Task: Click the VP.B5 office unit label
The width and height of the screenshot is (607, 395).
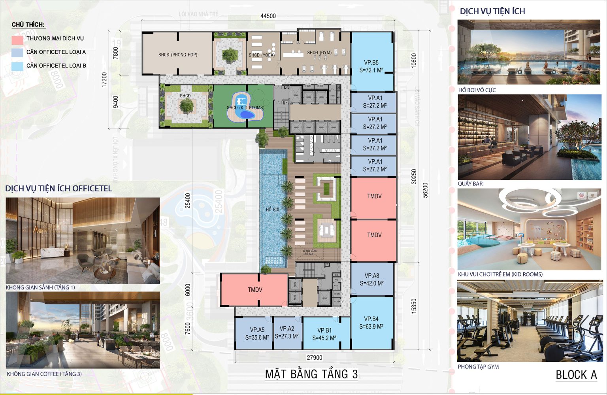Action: tap(371, 66)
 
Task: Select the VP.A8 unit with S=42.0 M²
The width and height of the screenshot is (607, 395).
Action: tap(371, 279)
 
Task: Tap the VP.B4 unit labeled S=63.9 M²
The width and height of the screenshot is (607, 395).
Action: tap(371, 323)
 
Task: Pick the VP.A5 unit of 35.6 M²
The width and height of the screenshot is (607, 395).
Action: tap(257, 333)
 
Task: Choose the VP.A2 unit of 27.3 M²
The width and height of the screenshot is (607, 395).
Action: tap(287, 332)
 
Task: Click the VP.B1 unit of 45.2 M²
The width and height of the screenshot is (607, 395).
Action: tap(324, 334)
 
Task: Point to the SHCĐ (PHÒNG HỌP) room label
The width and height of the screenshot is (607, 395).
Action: tap(177, 55)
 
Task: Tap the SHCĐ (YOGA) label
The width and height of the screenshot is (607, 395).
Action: tap(262, 55)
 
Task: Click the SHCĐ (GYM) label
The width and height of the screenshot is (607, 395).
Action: tap(319, 52)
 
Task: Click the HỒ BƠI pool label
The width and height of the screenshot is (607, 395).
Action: tap(272, 209)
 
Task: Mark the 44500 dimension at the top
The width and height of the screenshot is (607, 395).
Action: tap(268, 16)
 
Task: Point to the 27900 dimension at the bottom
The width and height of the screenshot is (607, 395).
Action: tap(315, 357)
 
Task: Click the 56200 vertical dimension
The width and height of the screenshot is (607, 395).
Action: tap(425, 190)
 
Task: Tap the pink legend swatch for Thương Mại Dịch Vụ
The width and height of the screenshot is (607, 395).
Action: tap(17, 39)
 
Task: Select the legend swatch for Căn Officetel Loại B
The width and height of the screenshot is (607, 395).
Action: tap(17, 66)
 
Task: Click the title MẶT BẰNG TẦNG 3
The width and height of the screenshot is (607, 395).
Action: tap(311, 374)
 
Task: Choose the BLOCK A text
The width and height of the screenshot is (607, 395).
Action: tap(576, 375)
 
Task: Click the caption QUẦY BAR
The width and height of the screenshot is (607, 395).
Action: tap(470, 184)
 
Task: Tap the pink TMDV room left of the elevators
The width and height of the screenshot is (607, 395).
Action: tap(255, 290)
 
